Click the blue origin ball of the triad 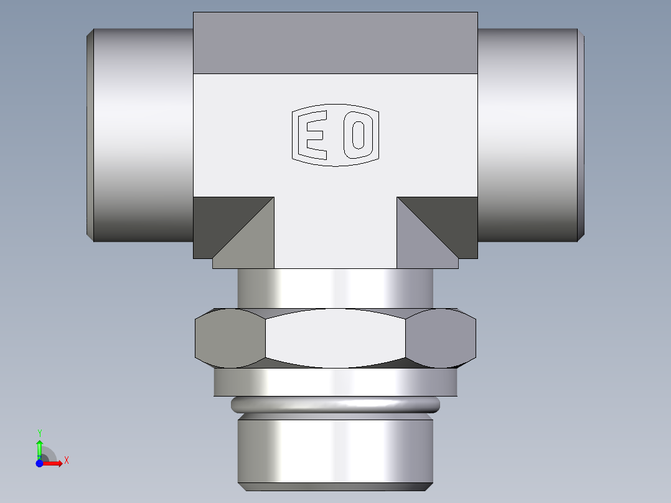coord(39,463)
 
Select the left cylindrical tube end coord(140,134)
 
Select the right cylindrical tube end coord(529,134)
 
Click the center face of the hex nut coord(335,338)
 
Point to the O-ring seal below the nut coord(335,406)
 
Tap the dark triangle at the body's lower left coord(218,218)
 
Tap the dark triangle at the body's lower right coord(453,218)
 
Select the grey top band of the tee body coord(335,42)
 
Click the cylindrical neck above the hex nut coord(335,288)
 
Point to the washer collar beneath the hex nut coord(335,382)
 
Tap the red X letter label coord(66,461)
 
